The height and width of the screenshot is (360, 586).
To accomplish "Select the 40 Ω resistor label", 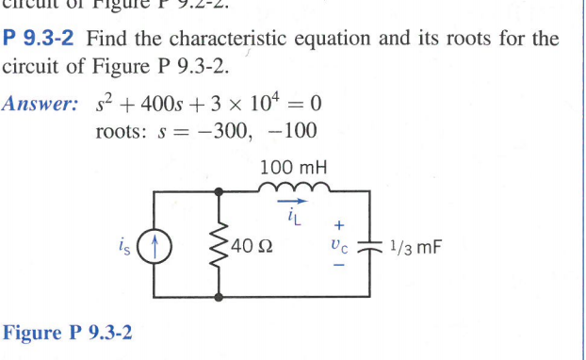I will (252, 249).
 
